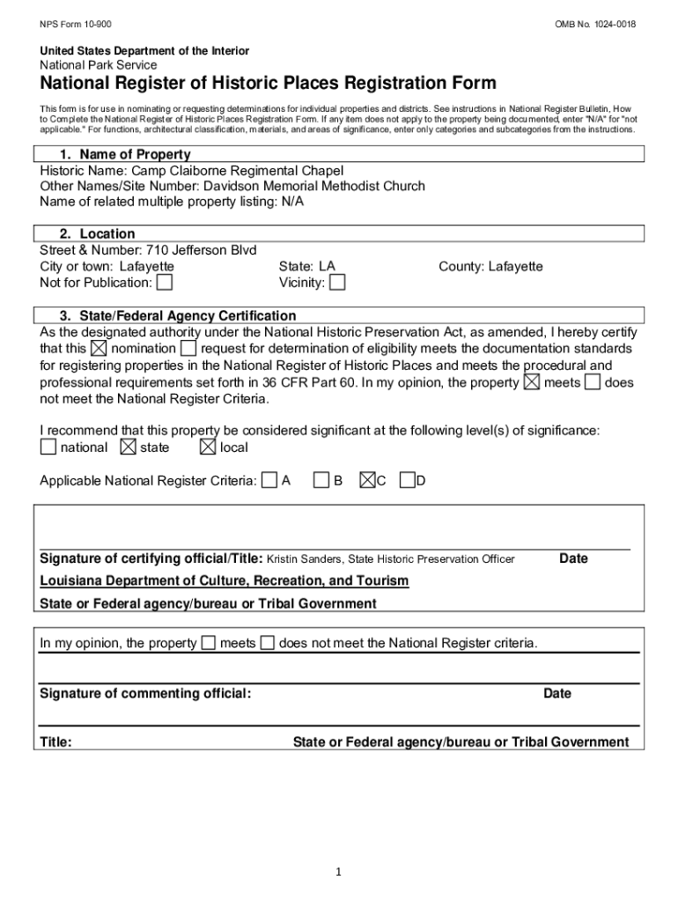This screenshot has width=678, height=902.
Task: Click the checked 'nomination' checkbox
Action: (x=99, y=349)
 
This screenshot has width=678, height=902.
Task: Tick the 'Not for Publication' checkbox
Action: (x=165, y=283)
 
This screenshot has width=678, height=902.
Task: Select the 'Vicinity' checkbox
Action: (x=337, y=283)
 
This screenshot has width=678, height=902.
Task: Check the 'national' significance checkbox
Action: (x=48, y=447)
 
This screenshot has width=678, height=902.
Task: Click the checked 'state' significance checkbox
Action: (x=128, y=447)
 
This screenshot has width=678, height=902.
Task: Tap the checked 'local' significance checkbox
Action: (x=208, y=447)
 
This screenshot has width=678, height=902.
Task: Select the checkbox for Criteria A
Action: (x=269, y=480)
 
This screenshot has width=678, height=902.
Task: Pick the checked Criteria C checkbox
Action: (x=367, y=480)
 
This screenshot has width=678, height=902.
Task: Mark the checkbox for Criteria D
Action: (x=407, y=480)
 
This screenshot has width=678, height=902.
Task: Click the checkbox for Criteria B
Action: (x=322, y=480)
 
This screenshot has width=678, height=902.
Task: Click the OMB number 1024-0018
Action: (x=594, y=24)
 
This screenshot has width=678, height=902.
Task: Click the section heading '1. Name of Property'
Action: (x=125, y=155)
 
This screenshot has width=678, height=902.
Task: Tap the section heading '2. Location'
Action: (x=98, y=234)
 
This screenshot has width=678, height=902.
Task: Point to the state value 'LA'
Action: (x=327, y=266)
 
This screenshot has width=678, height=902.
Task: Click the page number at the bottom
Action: (x=338, y=872)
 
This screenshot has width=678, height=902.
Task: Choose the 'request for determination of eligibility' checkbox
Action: (x=188, y=349)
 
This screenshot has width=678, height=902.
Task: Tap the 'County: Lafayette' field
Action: (x=490, y=266)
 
